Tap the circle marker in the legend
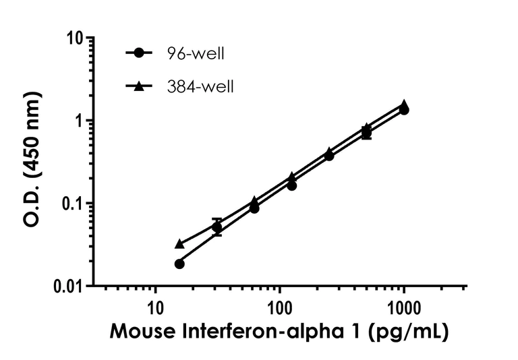(x=139, y=52)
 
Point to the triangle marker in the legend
(x=139, y=86)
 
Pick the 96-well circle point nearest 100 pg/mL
(x=291, y=185)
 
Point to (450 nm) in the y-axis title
(x=33, y=131)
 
